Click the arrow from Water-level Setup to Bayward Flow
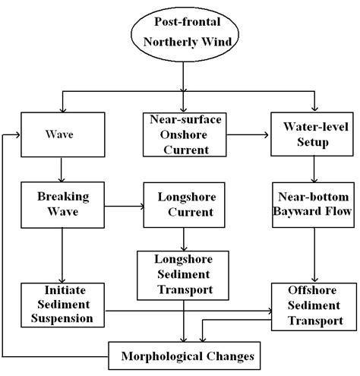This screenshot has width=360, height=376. [311, 169]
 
